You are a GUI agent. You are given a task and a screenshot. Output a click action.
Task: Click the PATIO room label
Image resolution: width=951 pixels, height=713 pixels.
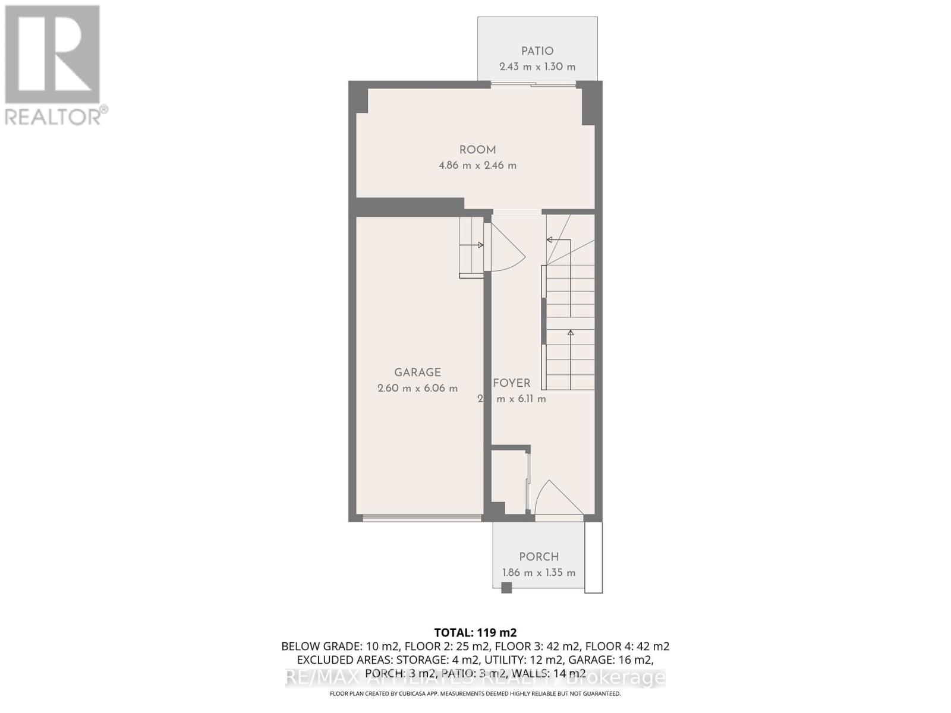tap(537, 51)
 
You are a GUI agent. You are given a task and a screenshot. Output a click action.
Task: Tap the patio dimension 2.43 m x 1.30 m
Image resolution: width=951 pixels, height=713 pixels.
tap(537, 67)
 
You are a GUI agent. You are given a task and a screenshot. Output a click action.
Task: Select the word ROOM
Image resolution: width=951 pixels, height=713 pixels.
tap(477, 150)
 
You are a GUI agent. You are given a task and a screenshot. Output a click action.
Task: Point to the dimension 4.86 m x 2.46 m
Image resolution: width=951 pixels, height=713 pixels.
tap(477, 165)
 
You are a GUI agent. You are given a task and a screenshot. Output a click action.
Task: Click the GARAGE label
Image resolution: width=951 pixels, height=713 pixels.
tap(417, 372)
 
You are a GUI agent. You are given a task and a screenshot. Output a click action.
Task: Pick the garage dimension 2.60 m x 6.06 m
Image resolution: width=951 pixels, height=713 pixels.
tap(417, 388)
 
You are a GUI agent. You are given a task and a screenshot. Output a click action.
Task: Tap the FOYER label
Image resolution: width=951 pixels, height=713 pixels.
tap(511, 383)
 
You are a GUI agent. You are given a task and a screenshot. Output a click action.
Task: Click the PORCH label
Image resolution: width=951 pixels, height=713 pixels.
tap(539, 557)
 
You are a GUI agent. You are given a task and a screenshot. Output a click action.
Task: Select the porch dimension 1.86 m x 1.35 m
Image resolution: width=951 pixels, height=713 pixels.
tap(539, 573)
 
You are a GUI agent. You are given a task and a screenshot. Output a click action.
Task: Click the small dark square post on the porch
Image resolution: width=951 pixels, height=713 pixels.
tap(506, 588)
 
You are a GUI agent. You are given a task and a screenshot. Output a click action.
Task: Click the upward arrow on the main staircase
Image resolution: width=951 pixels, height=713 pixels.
tap(571, 334)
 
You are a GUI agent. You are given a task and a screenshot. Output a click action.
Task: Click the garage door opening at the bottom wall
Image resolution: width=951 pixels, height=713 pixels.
tap(422, 518)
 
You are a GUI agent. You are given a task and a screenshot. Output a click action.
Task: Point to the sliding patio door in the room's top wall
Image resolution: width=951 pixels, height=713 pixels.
tap(533, 85)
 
